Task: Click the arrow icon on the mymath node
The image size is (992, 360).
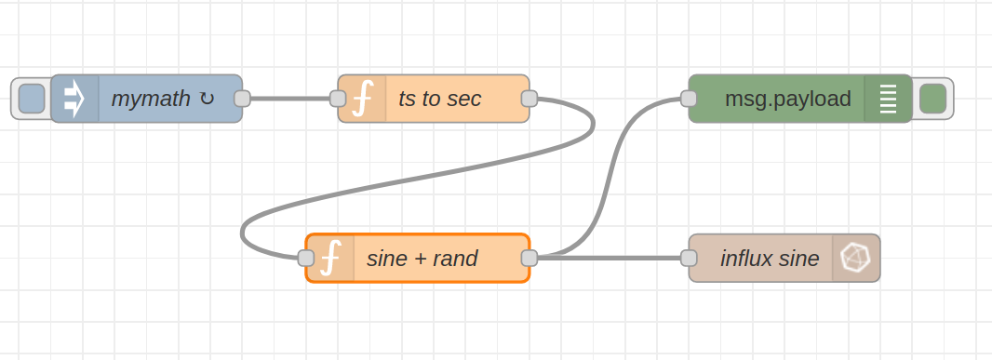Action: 74,99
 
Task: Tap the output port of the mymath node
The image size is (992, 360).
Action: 242,99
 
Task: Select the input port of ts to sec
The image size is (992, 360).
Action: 338,99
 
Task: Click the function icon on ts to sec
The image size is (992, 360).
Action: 362,99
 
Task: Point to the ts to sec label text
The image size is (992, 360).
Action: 439,99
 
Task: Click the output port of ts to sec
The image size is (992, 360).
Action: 530,99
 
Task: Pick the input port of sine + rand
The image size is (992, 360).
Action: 306,258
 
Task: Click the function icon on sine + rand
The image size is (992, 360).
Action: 330,258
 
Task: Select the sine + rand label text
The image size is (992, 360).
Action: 422,258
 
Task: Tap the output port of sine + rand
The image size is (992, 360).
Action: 530,258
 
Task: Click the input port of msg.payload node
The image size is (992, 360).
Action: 689,99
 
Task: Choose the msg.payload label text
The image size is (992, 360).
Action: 787,99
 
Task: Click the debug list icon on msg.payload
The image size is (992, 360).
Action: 888,99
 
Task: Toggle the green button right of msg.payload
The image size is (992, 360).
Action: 932,99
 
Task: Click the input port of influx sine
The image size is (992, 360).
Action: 689,258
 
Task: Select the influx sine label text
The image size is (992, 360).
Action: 770,258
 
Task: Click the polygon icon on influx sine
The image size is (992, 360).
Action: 855,258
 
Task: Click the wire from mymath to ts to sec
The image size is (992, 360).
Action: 289,99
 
